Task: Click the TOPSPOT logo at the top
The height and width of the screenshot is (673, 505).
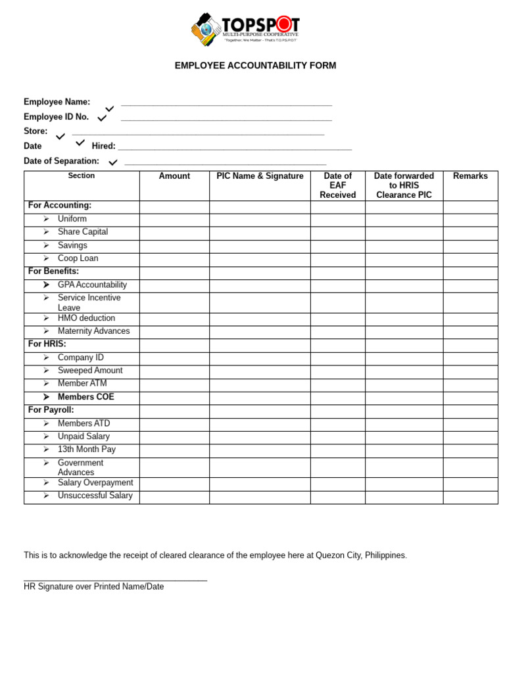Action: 245,29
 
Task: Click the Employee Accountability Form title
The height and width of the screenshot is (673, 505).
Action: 255,66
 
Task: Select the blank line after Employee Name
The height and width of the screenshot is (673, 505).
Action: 226,104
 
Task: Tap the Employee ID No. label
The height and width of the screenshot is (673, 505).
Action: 56,117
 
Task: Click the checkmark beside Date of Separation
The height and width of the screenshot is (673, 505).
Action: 113,162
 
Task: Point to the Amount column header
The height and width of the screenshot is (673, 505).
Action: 174,176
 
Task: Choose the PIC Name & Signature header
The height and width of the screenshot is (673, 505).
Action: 260,176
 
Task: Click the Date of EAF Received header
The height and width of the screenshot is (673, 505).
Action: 337,185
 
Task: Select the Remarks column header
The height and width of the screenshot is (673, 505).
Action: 470,176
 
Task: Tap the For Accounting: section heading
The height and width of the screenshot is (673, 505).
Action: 60,206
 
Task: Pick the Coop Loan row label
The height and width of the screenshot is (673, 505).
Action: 78,258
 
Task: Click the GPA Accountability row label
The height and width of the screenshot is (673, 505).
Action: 92,285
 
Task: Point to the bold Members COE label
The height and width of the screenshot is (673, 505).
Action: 85,397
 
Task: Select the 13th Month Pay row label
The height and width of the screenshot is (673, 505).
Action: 86,450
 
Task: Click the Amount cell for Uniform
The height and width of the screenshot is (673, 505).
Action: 174,220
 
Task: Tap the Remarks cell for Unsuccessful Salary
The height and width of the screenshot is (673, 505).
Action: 470,497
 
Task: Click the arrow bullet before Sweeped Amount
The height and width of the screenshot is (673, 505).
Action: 46,371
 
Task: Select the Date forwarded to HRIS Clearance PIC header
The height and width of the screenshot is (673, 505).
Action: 404,185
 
